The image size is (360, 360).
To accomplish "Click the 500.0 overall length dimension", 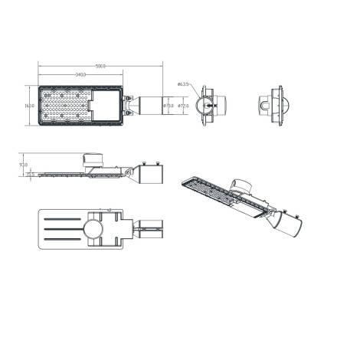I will pyautogui.click(x=100, y=67).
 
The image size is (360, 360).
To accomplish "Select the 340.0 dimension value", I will pyautogui.click(x=80, y=74).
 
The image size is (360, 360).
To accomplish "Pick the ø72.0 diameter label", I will pyautogui.click(x=183, y=105).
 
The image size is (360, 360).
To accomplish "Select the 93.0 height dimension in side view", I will pyautogui.click(x=24, y=164).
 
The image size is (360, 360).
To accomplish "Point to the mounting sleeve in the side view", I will pyautogui.click(x=151, y=175).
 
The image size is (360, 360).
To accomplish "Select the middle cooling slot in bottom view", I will pyautogui.click(x=65, y=228).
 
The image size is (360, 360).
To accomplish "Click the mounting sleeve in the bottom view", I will pyautogui.click(x=152, y=228).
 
